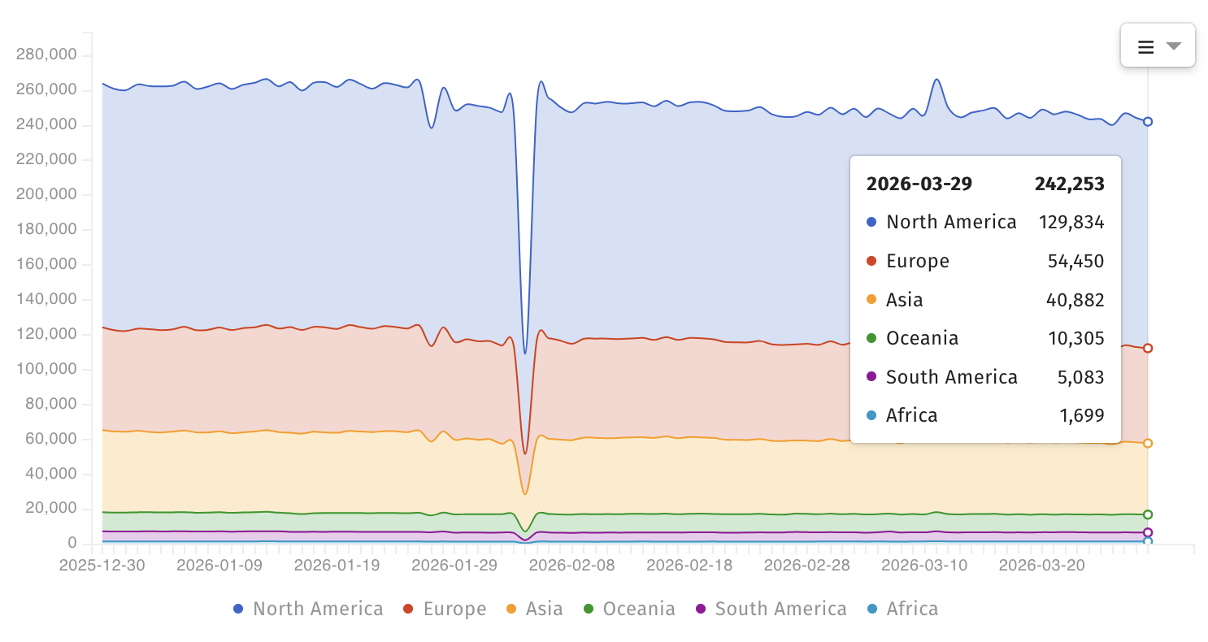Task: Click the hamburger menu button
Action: coord(1157,46)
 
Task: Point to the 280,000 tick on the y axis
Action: coord(47,54)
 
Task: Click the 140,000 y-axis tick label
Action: coord(47,299)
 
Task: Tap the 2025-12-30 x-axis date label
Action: coord(102,565)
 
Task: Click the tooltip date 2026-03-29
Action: coord(919,184)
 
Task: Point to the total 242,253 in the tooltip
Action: coord(1069,184)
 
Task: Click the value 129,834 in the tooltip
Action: coord(1071,222)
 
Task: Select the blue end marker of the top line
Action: coord(1148,122)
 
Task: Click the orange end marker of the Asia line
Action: coord(1148,443)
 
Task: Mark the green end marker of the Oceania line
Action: coord(1148,514)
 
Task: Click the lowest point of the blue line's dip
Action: coord(525,354)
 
